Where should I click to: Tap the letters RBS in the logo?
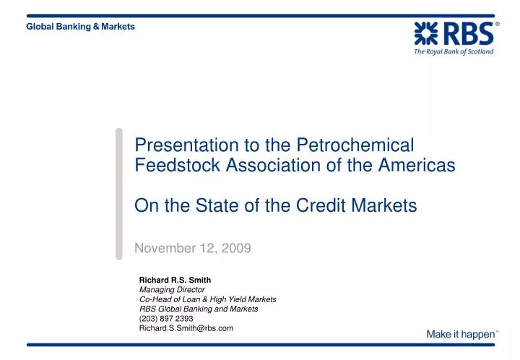pyautogui.click(x=467, y=34)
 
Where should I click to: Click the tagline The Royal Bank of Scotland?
pyautogui.click(x=454, y=52)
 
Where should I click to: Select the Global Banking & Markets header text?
pyautogui.click(x=80, y=27)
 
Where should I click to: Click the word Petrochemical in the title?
pyautogui.click(x=368, y=145)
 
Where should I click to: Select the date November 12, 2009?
pyautogui.click(x=193, y=249)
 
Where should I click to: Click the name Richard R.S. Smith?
pyautogui.click(x=175, y=279)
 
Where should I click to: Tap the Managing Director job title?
pyautogui.click(x=172, y=289)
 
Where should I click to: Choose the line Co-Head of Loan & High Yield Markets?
pyautogui.click(x=207, y=299)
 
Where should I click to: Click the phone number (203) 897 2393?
pyautogui.click(x=166, y=318)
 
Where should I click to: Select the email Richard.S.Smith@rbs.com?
pyautogui.click(x=186, y=328)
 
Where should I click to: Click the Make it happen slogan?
pyautogui.click(x=461, y=334)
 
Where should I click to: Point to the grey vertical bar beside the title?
pyautogui.click(x=119, y=193)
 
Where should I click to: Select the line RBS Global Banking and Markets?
pyautogui.click(x=199, y=309)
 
